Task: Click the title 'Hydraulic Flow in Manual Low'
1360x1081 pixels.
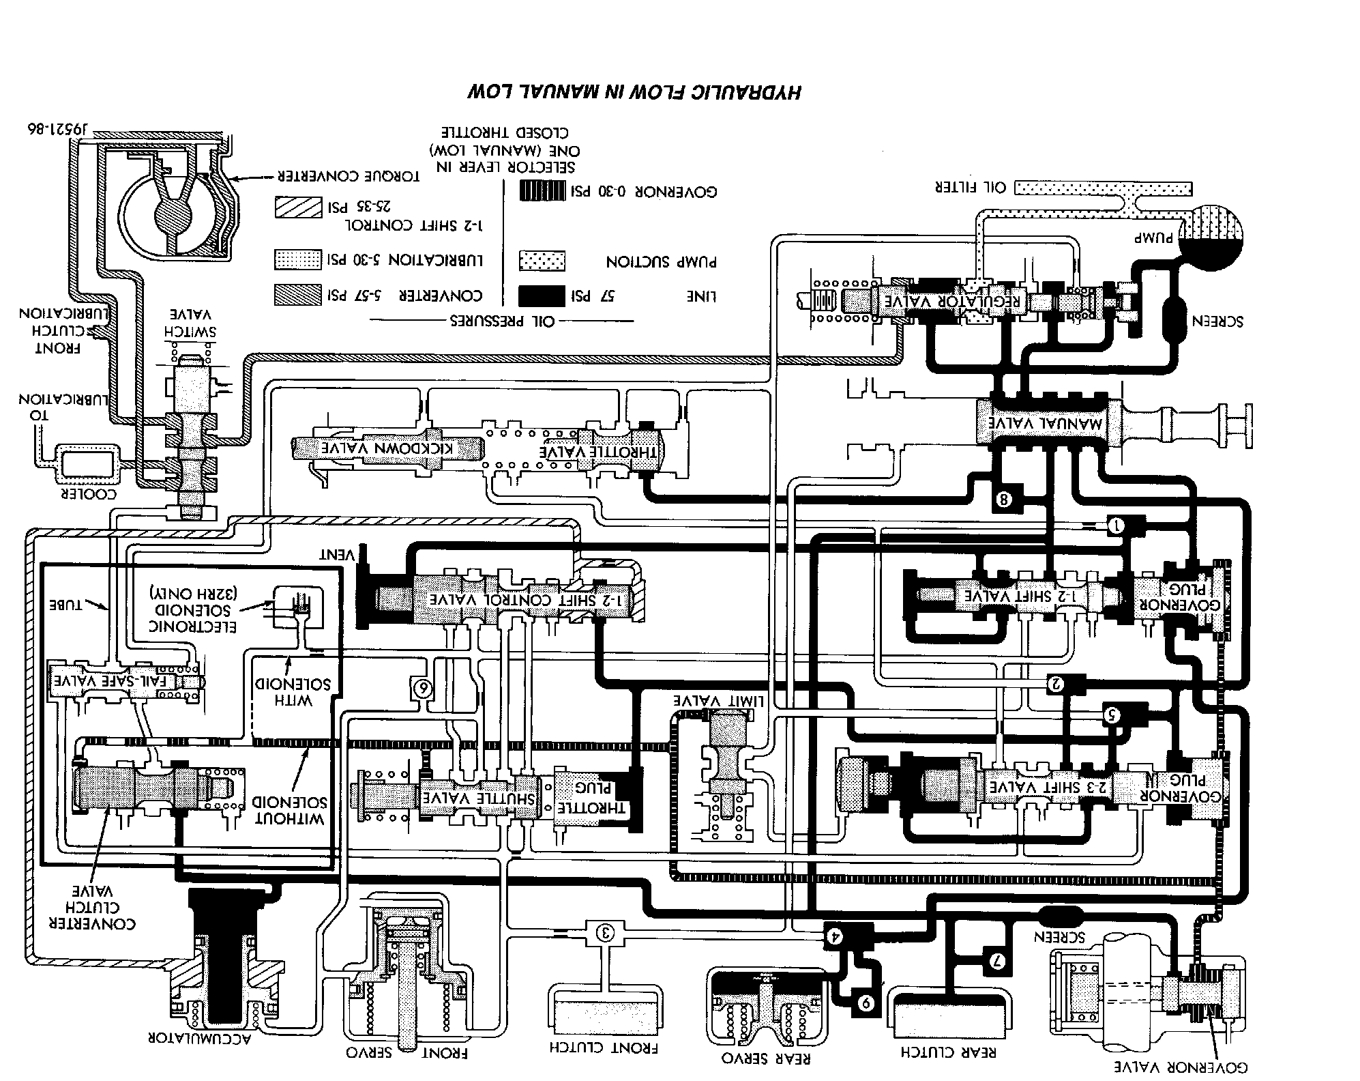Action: [634, 91]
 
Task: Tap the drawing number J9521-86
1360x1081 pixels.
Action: [59, 128]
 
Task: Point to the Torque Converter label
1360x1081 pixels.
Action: [347, 177]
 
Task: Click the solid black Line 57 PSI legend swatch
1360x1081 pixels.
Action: [542, 296]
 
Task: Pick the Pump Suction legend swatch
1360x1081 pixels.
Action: [542, 261]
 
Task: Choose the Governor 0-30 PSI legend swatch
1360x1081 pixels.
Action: [542, 192]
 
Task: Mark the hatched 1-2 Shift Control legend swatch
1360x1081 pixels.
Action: [298, 207]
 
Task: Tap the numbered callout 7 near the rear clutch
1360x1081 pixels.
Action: [995, 962]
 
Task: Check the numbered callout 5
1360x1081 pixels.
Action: [1112, 715]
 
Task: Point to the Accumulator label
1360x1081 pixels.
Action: [199, 1039]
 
